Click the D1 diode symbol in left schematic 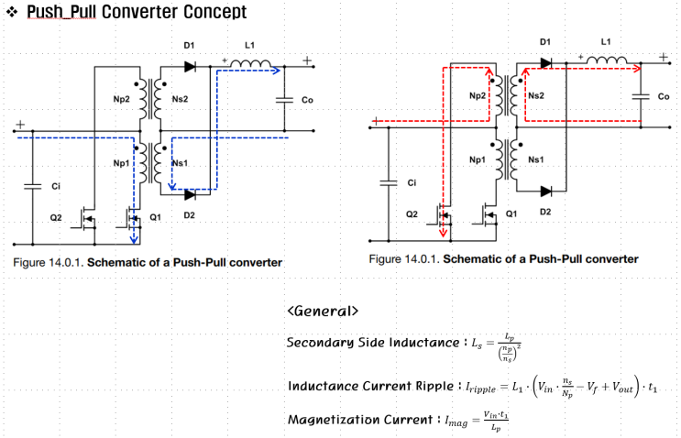point(191,66)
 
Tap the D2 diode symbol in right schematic point(547,192)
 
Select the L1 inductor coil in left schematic point(250,65)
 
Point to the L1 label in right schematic point(605,41)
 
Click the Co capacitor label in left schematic point(307,99)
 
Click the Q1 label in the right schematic point(511,214)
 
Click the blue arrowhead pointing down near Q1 point(135,241)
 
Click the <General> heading point(323,311)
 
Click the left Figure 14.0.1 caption point(148,263)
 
